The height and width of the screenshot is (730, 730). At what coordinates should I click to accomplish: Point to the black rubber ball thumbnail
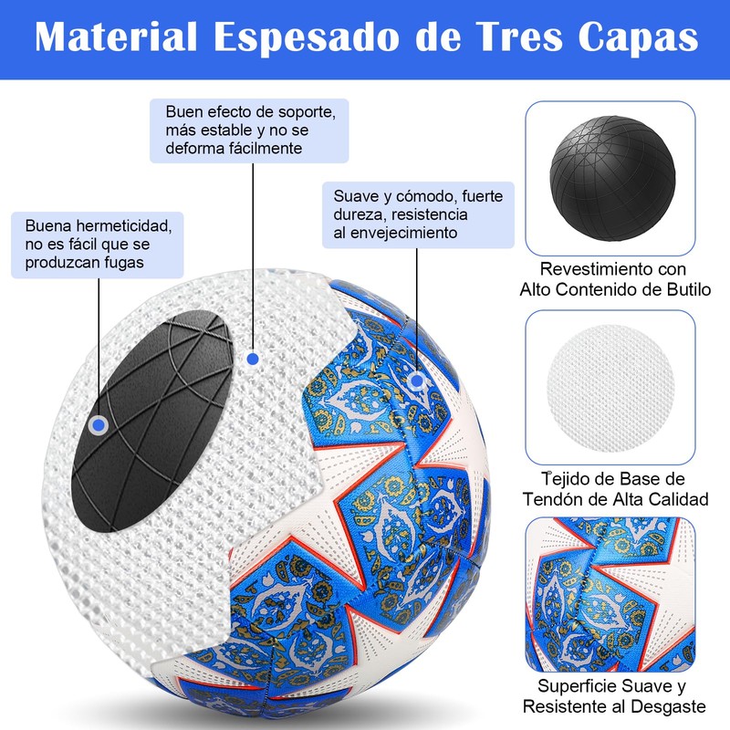click(610, 177)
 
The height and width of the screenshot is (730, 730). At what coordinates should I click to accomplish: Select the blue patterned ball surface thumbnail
click(610, 594)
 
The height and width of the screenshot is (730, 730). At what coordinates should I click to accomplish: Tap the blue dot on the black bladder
click(99, 425)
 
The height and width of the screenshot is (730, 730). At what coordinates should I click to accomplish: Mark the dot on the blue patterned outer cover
click(416, 381)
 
